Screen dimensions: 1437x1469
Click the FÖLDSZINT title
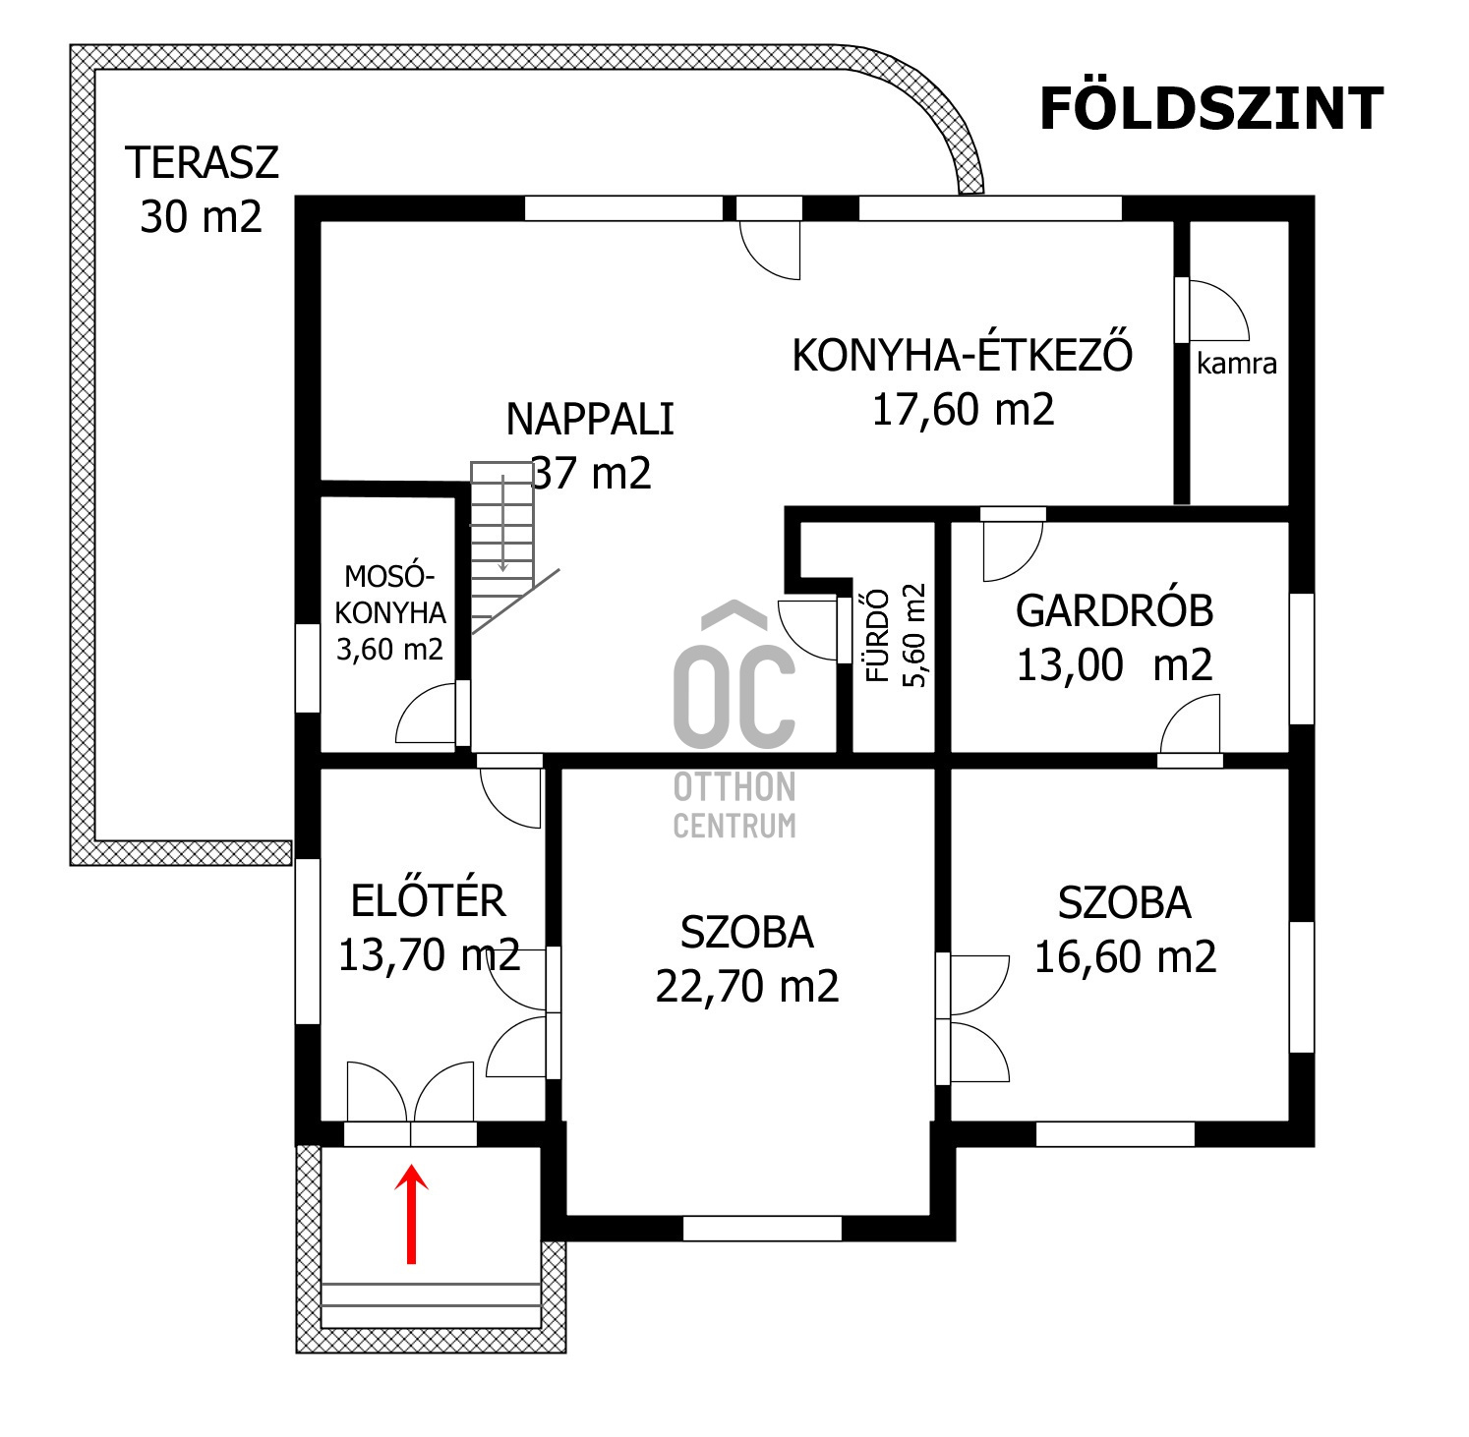[x=1210, y=109]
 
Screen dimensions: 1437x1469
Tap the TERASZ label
[x=202, y=162]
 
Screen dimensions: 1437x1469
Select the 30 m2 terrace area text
[x=202, y=216]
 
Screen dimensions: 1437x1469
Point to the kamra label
[x=1237, y=364]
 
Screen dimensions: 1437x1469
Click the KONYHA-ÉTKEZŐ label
[x=962, y=355]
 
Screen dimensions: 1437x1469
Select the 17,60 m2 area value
[x=963, y=409]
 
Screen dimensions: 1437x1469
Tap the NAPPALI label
[x=590, y=420]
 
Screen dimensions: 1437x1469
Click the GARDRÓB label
[x=1114, y=611]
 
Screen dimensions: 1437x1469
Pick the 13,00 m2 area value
[x=1114, y=665]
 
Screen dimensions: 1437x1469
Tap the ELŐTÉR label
[x=429, y=901]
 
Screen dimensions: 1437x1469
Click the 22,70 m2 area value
[x=747, y=986]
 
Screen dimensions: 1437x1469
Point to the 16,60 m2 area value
[x=1125, y=956]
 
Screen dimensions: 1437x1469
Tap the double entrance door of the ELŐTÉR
[x=411, y=1099]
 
